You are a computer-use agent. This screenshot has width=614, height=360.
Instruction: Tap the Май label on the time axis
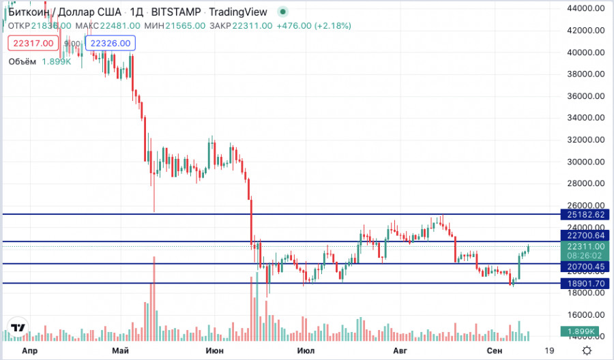tap(121, 350)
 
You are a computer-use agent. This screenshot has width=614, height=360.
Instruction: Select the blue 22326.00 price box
tap(111, 43)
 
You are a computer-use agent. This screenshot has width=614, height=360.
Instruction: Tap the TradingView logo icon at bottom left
tap(18, 327)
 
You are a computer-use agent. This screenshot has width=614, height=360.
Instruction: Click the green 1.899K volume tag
tap(582, 331)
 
